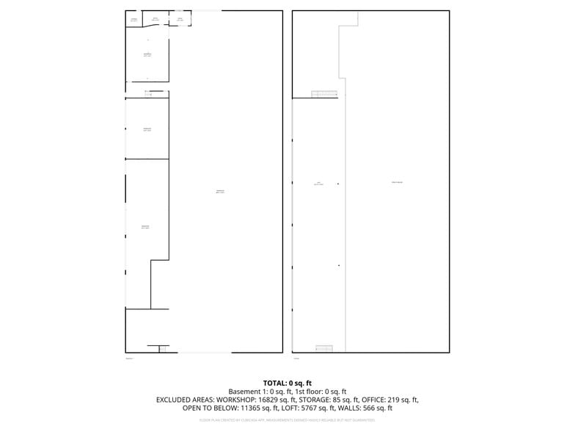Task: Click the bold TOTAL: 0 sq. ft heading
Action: click(x=287, y=383)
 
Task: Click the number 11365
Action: click(x=250, y=408)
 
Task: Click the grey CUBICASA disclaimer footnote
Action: click(x=287, y=420)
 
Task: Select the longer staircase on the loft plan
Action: click(x=324, y=94)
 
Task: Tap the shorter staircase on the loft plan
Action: click(x=324, y=348)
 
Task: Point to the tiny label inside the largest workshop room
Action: click(x=219, y=192)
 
